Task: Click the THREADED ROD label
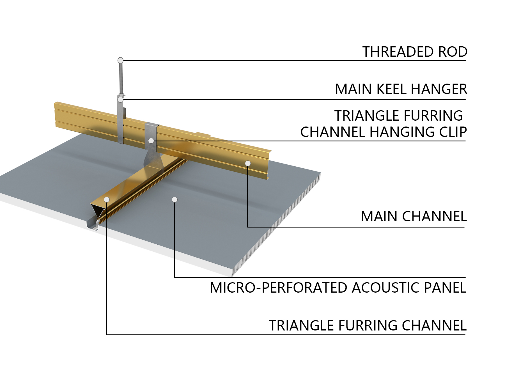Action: [415, 52]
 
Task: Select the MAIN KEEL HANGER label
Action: [401, 89]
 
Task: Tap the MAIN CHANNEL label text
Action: [414, 217]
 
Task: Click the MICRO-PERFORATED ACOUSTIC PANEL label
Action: [338, 288]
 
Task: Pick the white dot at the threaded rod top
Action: [120, 60]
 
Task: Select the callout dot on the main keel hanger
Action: [120, 100]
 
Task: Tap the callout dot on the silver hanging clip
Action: [151, 141]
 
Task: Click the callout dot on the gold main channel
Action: [248, 163]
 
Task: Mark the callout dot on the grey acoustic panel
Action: [175, 199]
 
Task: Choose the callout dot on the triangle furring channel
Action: [107, 199]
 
